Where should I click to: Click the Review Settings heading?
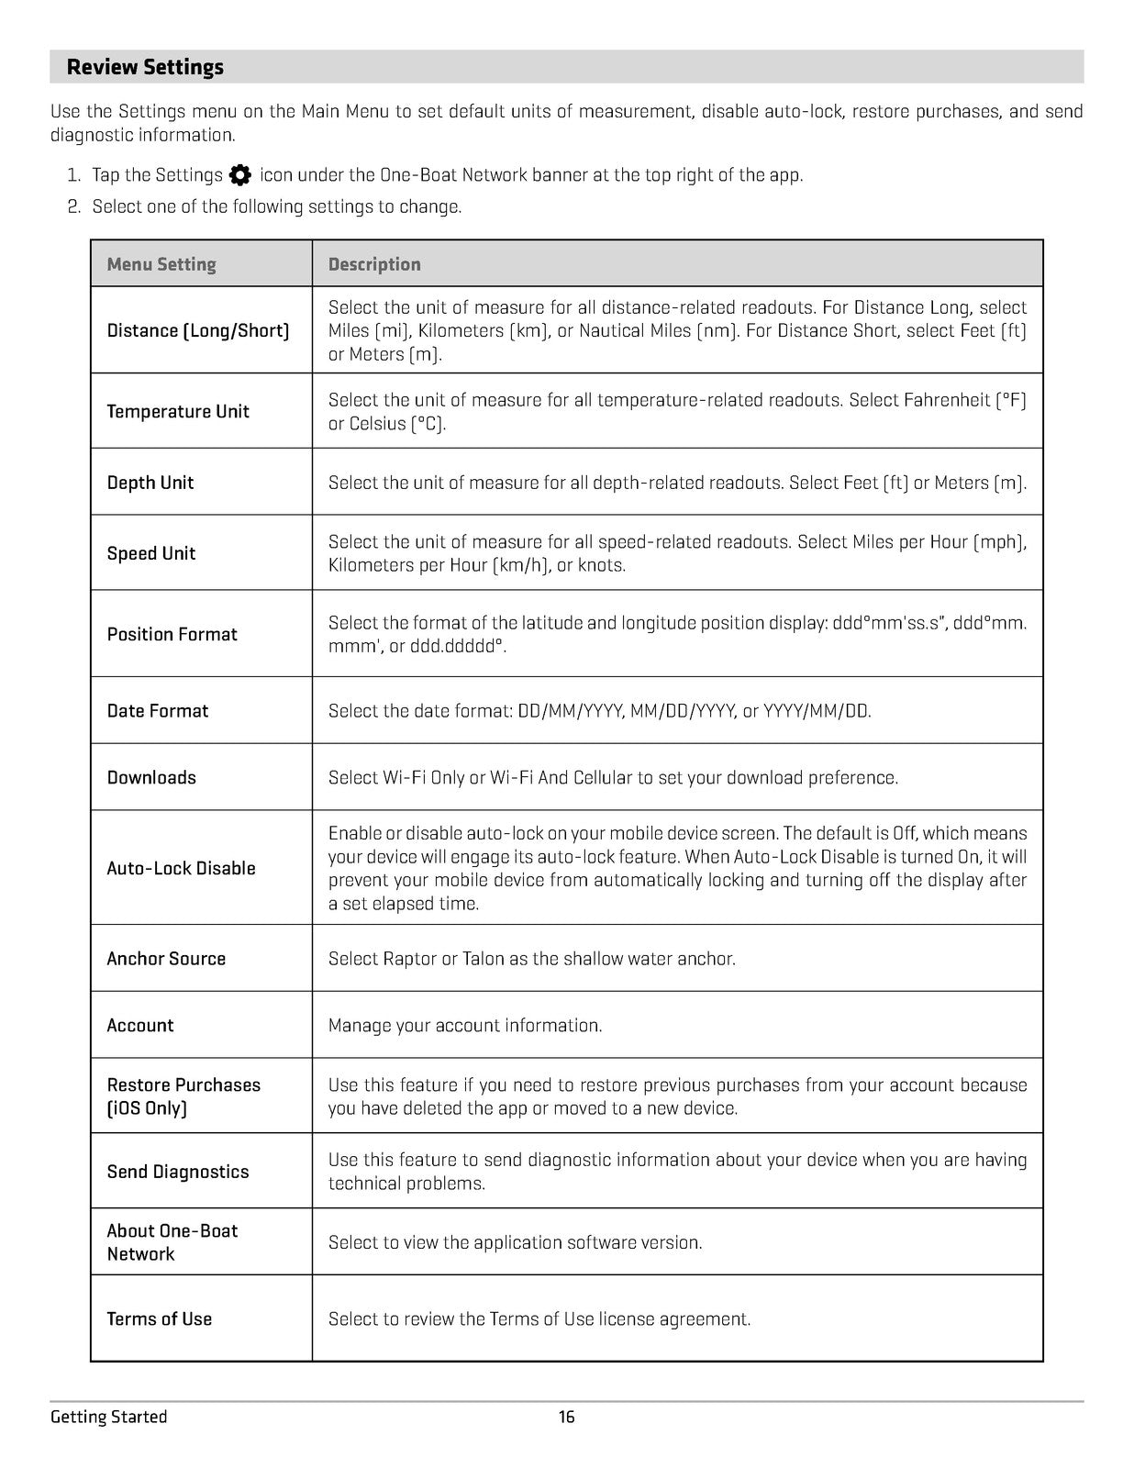coord(145,67)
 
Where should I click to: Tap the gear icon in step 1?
coord(240,175)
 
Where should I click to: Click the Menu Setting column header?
coord(161,264)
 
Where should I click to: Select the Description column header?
coord(374,264)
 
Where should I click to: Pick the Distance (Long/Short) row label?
coord(198,330)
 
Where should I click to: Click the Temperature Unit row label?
coord(178,411)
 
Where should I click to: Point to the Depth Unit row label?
coord(150,483)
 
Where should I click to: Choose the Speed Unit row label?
coord(151,553)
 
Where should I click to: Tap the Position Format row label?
coord(172,634)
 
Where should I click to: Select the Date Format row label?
coord(158,711)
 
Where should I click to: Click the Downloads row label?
coord(151,777)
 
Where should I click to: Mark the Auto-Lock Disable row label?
coord(182,868)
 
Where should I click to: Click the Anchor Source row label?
coord(166,959)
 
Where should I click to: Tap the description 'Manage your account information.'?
coord(465,1026)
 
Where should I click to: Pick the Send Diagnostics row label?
coord(178,1172)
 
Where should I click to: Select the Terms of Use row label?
coord(160,1319)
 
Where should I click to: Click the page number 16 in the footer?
coord(567,1418)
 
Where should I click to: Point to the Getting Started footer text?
coord(109,1418)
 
